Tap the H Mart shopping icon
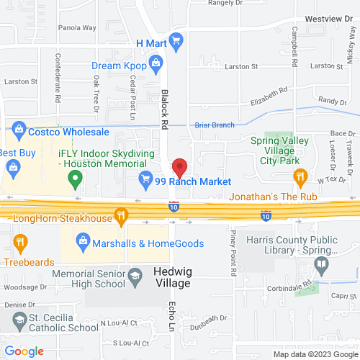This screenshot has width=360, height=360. pyautogui.click(x=176, y=44)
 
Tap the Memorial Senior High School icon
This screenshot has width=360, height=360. pyautogui.click(x=135, y=276)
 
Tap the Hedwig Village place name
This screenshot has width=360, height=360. pyautogui.click(x=171, y=278)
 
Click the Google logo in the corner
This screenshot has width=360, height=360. pyautogui.click(x=24, y=351)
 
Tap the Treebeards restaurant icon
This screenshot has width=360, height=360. pyautogui.click(x=19, y=243)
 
